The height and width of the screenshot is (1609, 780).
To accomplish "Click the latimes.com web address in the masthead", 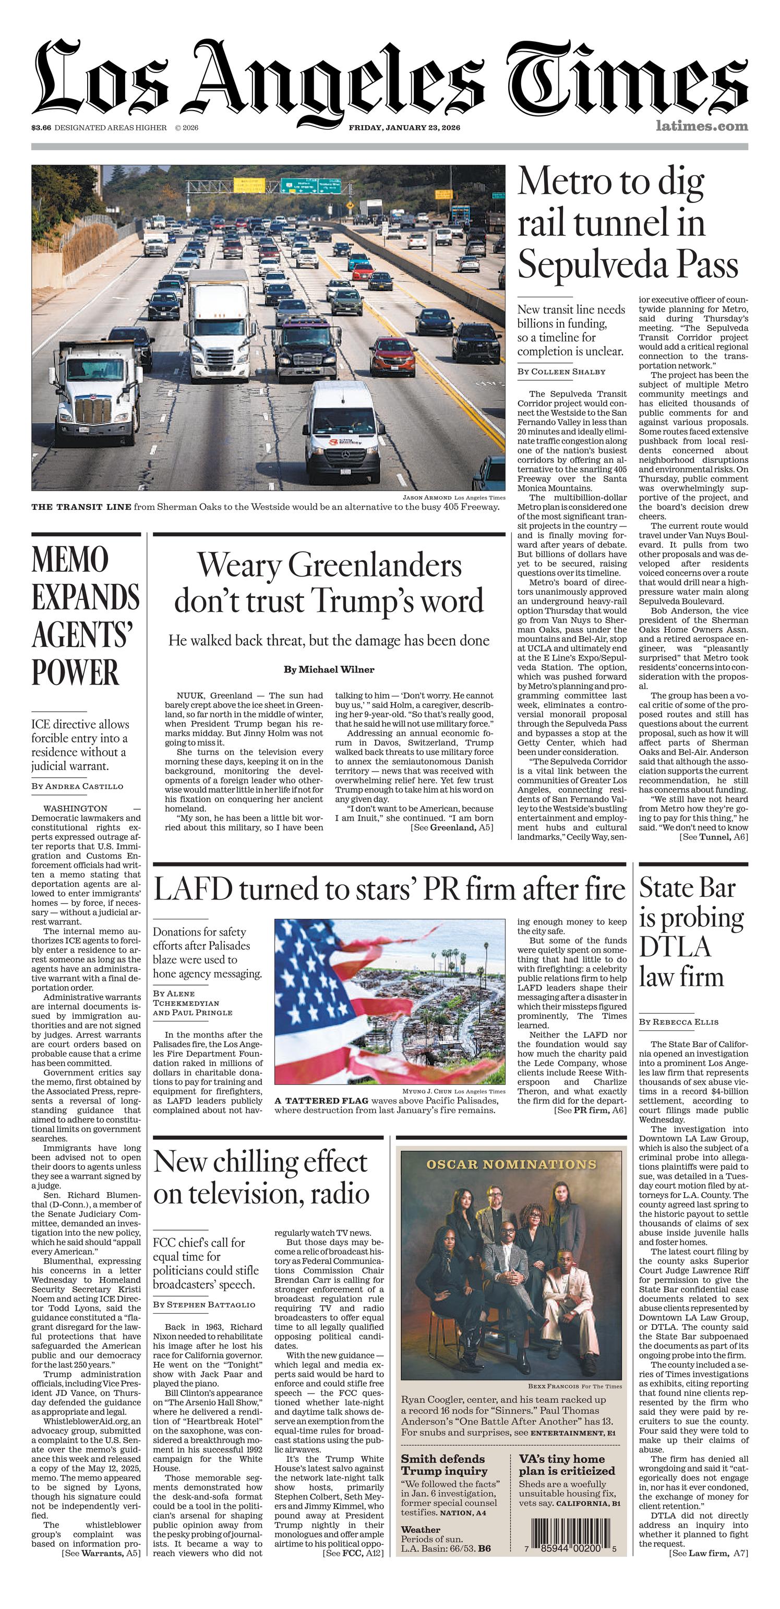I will [701, 126].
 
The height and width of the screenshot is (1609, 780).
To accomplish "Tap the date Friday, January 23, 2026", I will [404, 128].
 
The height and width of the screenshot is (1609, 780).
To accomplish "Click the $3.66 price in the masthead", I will [41, 128].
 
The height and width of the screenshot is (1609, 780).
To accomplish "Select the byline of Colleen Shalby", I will [561, 371].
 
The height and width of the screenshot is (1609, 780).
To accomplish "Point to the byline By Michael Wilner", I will [329, 669].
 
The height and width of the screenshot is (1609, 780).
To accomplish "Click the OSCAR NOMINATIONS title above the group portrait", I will [511, 1164].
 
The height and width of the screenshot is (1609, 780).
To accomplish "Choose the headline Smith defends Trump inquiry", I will [444, 1466].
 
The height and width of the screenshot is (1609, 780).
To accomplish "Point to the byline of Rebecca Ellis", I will [678, 1022].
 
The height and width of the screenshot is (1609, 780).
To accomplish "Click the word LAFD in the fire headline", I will [185, 890].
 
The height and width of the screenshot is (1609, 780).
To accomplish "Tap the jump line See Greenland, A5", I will [451, 827].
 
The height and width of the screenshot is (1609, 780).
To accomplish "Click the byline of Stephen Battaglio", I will [203, 1304].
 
